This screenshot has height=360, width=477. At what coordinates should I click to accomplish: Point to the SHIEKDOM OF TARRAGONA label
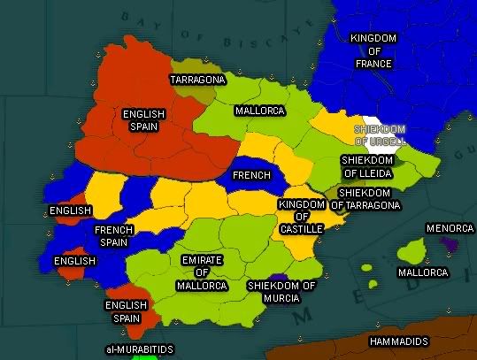pyautogui.click(x=367, y=199)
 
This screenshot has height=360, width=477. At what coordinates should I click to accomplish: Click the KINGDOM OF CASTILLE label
pyautogui.click(x=301, y=217)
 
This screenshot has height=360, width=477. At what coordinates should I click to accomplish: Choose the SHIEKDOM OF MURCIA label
pyautogui.click(x=281, y=292)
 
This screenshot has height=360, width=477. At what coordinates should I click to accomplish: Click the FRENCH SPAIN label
pyautogui.click(x=113, y=235)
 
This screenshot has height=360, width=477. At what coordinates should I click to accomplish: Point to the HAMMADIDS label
pyautogui.click(x=398, y=341)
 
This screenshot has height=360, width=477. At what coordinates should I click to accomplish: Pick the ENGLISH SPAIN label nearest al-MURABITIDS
pyautogui.click(x=126, y=311)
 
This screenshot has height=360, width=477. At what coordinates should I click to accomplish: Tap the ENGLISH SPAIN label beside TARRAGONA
pyautogui.click(x=144, y=119)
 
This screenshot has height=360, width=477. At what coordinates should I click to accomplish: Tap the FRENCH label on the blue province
pyautogui.click(x=251, y=175)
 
